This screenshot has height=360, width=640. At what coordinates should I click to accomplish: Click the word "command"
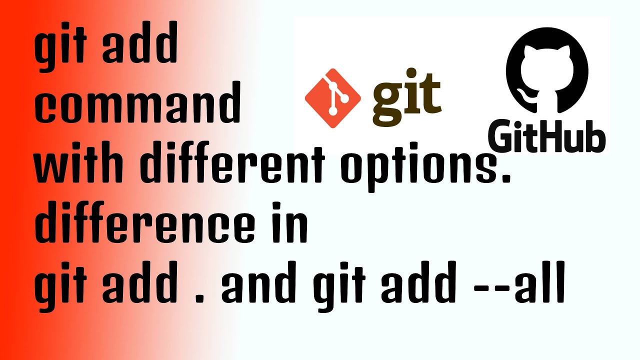pos(137,105)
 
